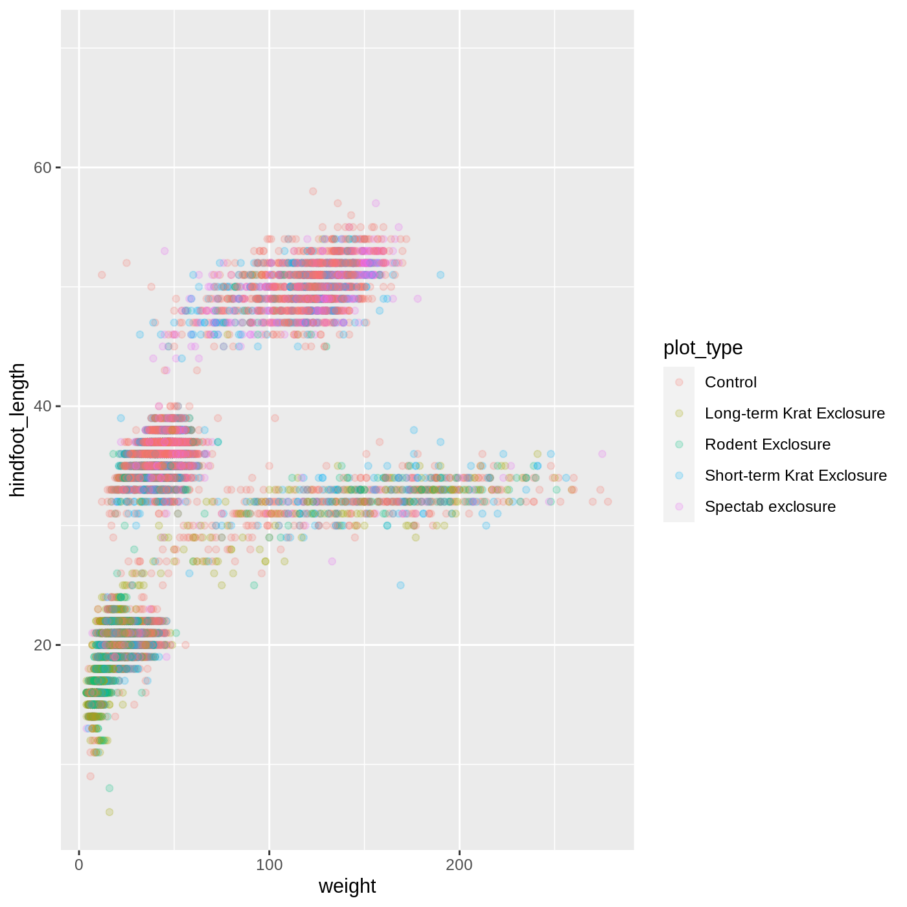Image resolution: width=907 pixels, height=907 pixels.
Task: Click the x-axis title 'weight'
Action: (x=347, y=886)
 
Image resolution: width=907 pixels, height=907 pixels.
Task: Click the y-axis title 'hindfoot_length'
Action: (x=17, y=430)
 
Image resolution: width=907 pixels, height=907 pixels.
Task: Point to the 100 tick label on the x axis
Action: (x=269, y=865)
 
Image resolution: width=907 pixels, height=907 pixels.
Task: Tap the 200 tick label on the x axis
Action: (x=459, y=865)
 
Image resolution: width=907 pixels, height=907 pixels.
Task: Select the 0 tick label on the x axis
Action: (x=79, y=865)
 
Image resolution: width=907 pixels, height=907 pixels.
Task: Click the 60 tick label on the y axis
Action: (x=42, y=168)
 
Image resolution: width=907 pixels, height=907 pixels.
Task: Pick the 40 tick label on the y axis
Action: (x=42, y=406)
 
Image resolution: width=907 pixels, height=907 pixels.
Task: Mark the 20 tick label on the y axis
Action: (x=42, y=645)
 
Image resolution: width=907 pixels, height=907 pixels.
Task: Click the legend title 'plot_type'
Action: (x=703, y=348)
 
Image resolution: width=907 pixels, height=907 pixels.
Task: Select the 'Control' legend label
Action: (x=730, y=382)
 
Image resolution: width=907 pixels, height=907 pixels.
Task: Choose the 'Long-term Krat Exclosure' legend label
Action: (x=794, y=413)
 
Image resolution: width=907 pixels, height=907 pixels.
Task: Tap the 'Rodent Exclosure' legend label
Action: (x=767, y=444)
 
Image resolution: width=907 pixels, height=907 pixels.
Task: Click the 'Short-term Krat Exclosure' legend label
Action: (x=796, y=476)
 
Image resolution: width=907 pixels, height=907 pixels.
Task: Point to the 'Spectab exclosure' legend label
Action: (x=770, y=507)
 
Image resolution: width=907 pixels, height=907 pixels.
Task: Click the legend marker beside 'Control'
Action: (x=679, y=382)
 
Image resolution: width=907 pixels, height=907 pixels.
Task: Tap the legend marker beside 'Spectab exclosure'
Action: (x=679, y=507)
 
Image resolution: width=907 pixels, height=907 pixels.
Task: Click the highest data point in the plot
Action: (x=313, y=191)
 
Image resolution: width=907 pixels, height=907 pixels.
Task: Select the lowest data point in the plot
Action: (x=109, y=812)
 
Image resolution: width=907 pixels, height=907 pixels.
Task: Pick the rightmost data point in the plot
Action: (x=608, y=501)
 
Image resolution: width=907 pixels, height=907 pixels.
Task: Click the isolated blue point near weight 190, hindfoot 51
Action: (x=441, y=275)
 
